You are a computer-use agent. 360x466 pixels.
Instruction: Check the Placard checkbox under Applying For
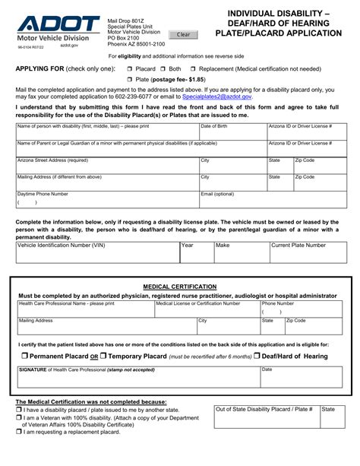130,68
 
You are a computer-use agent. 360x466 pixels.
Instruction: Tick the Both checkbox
163,68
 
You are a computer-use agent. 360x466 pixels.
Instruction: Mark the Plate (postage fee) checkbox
130,79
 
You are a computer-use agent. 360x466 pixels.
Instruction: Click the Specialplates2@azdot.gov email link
216,97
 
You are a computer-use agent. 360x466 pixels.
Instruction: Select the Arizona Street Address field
106,166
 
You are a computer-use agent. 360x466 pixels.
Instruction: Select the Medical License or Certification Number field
206,310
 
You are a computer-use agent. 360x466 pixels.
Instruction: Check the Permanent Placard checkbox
24,356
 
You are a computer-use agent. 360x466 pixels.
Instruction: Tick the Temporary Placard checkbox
104,356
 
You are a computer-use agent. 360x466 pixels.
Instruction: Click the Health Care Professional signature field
137,377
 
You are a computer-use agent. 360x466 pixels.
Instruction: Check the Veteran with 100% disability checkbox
19,417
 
